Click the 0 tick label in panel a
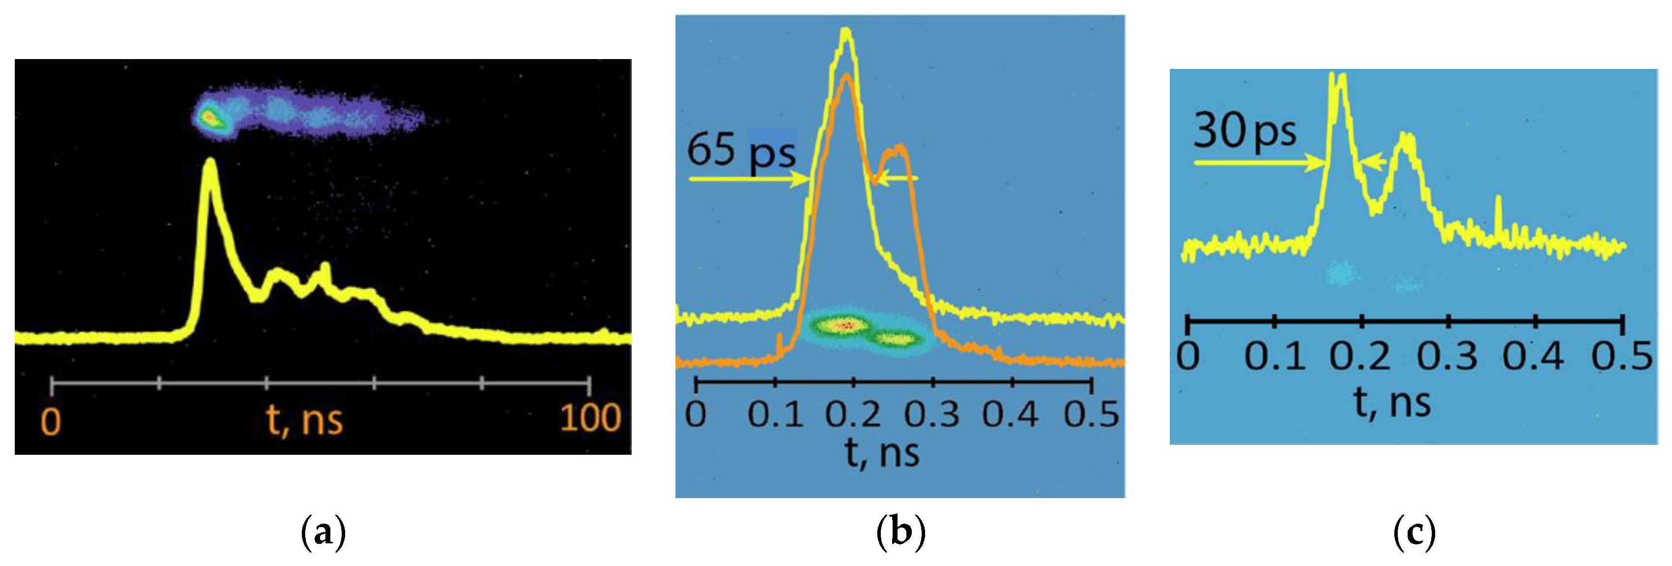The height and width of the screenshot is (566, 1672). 51,421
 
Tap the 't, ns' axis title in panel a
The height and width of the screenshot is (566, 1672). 304,420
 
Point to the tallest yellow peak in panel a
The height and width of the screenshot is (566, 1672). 209,165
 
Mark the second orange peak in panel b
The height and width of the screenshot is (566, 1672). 898,149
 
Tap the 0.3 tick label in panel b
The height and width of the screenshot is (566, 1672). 932,414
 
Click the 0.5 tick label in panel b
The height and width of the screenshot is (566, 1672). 1091,414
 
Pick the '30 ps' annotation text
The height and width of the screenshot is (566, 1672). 1244,132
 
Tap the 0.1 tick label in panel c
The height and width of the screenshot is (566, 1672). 1274,356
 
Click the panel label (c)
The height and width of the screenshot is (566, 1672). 1414,533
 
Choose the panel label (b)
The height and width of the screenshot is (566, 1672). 900,533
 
